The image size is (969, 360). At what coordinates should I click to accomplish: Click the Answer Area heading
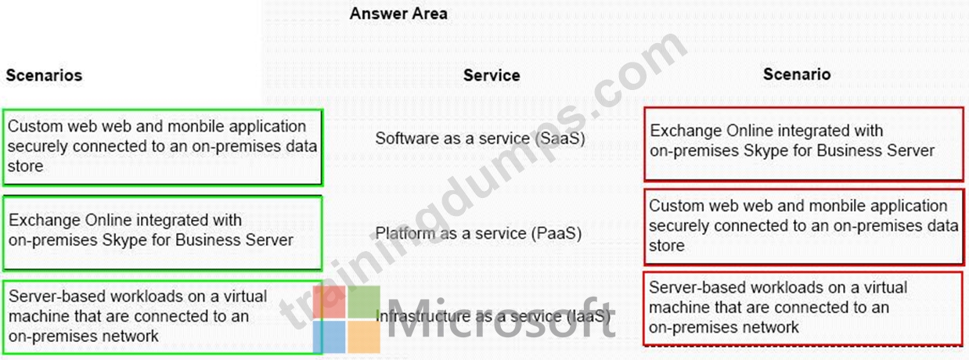398,13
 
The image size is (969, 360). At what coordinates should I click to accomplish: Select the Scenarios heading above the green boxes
44,75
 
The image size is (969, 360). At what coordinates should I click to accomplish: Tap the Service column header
492,75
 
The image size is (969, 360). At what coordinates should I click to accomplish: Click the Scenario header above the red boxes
796,74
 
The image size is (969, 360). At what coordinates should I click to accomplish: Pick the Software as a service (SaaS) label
480,139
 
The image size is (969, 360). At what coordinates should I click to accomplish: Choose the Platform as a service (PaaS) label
478,233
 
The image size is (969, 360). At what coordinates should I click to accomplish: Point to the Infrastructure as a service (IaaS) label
493,316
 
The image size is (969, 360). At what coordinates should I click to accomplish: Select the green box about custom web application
162,147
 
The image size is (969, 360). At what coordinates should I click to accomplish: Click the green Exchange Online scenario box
162,233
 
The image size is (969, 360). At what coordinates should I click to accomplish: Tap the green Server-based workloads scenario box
162,317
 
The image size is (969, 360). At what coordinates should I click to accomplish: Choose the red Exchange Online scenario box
803,144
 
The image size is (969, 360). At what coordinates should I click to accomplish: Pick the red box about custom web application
803,226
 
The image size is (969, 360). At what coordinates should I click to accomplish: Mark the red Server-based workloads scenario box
803,308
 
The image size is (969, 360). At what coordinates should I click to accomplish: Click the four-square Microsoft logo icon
347,319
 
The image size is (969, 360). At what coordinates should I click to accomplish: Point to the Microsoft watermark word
501,318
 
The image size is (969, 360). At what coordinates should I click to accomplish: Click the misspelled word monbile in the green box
196,126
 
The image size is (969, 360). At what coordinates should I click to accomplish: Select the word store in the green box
26,166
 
